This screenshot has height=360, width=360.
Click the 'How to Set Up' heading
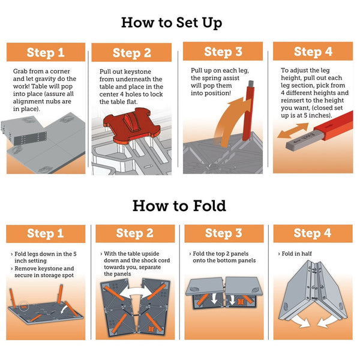[x=179, y=23]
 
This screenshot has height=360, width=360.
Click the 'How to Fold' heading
[x=179, y=206]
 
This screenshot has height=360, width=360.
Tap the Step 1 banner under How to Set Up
[x=46, y=52]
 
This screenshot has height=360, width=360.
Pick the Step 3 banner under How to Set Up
[x=222, y=51]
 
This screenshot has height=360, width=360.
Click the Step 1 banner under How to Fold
[x=46, y=233]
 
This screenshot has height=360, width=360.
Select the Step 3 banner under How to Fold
[x=223, y=233]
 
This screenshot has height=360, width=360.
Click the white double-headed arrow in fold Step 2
[x=137, y=296]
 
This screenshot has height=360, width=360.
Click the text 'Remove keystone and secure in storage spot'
[x=48, y=273]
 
